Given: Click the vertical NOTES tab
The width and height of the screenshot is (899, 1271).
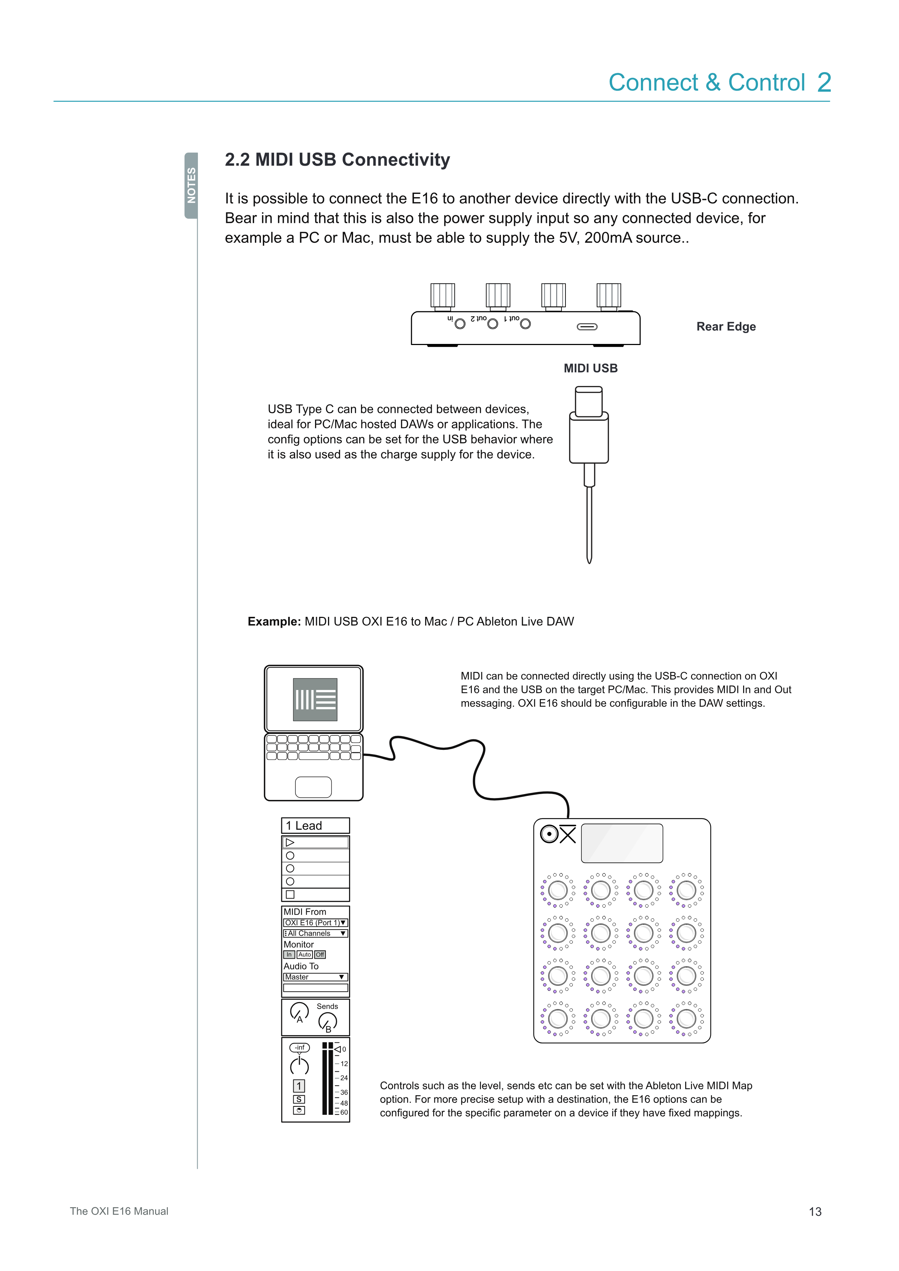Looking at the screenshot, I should pyautogui.click(x=191, y=186).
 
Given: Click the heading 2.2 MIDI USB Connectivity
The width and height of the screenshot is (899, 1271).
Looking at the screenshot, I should pyautogui.click(x=337, y=160).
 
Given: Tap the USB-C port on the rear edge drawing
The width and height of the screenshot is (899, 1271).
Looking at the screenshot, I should pyautogui.click(x=587, y=327).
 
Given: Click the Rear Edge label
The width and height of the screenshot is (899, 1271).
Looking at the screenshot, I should pyautogui.click(x=726, y=327).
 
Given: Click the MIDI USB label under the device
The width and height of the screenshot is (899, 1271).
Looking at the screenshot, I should pyautogui.click(x=590, y=369).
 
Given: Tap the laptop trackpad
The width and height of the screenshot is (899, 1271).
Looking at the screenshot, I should pyautogui.click(x=313, y=786).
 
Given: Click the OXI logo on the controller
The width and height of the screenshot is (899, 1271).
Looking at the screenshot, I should pyautogui.click(x=558, y=834).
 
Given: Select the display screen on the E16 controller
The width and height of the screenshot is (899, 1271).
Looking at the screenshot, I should pyautogui.click(x=622, y=843).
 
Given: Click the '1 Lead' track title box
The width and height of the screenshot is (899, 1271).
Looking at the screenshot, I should pyautogui.click(x=315, y=825).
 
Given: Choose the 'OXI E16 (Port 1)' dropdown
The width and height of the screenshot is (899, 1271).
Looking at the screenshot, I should pyautogui.click(x=315, y=923).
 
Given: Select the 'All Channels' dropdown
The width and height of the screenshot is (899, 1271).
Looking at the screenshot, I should pyautogui.click(x=315, y=933).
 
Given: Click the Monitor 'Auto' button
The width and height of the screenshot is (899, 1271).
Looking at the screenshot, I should pyautogui.click(x=304, y=954).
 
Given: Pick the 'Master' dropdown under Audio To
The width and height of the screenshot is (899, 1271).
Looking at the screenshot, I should pyautogui.click(x=315, y=977).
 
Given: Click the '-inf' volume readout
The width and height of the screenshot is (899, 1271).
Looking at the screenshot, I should pyautogui.click(x=299, y=1047).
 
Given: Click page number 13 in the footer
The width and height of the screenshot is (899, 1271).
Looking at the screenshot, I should pyautogui.click(x=815, y=1212).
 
